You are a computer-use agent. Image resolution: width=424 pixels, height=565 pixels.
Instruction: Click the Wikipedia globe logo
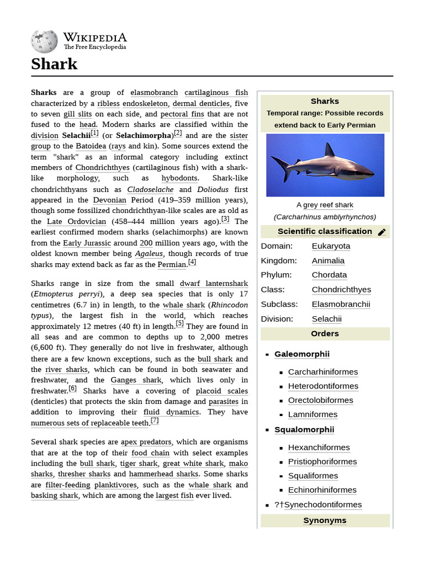point(44,41)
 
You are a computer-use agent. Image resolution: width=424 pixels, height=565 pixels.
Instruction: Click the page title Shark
point(54,64)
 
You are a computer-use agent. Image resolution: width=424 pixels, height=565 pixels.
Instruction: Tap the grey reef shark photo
point(325,165)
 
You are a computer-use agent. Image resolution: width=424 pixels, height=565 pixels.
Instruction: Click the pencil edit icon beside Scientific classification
point(381,232)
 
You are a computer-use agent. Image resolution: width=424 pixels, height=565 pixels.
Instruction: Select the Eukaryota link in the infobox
point(331,246)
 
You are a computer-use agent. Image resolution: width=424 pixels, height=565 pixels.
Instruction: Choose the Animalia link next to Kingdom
point(328,260)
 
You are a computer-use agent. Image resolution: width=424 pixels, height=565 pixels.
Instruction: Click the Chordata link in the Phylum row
point(329,275)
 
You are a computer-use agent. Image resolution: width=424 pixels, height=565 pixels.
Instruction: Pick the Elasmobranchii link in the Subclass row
point(341,304)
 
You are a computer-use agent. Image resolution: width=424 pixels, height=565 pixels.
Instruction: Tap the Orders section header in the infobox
point(325,333)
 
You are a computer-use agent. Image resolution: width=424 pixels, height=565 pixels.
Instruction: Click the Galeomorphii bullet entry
point(301,354)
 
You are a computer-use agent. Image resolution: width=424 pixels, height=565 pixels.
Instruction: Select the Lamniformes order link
point(312,414)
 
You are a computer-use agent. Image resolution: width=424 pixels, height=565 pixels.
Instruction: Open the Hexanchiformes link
point(319,447)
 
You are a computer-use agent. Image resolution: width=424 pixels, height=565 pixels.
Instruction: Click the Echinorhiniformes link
point(322,490)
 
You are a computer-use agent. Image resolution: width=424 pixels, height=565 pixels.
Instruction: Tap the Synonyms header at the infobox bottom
point(325,520)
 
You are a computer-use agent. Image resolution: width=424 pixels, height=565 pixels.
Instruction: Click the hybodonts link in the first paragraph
point(179,178)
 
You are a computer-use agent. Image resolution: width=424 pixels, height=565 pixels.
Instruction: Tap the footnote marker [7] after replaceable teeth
point(155,420)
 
